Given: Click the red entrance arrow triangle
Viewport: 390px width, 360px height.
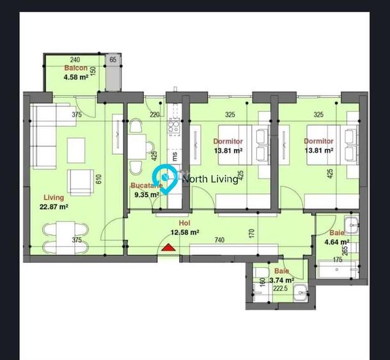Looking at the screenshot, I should pyautogui.click(x=168, y=247).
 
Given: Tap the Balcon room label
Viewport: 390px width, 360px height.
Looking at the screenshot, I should pyautogui.click(x=75, y=68).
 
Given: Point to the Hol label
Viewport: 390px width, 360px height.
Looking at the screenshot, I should pyautogui.click(x=185, y=223).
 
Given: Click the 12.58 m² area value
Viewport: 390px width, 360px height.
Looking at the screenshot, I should pyautogui.click(x=185, y=232).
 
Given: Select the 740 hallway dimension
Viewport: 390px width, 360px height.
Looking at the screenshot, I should pyautogui.click(x=219, y=240).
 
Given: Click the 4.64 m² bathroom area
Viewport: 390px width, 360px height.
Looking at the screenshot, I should pyautogui.click(x=336, y=242).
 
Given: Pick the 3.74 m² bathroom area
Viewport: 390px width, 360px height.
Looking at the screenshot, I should pyautogui.click(x=281, y=280).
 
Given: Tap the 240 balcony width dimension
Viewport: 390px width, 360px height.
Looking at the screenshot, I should pyautogui.click(x=75, y=59).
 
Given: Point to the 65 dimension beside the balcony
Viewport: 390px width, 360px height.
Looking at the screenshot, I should pyautogui.click(x=113, y=59).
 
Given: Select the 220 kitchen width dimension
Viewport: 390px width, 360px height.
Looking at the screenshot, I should pyautogui.click(x=154, y=115).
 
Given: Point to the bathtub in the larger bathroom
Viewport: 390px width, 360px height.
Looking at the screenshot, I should pyautogui.click(x=339, y=272).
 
